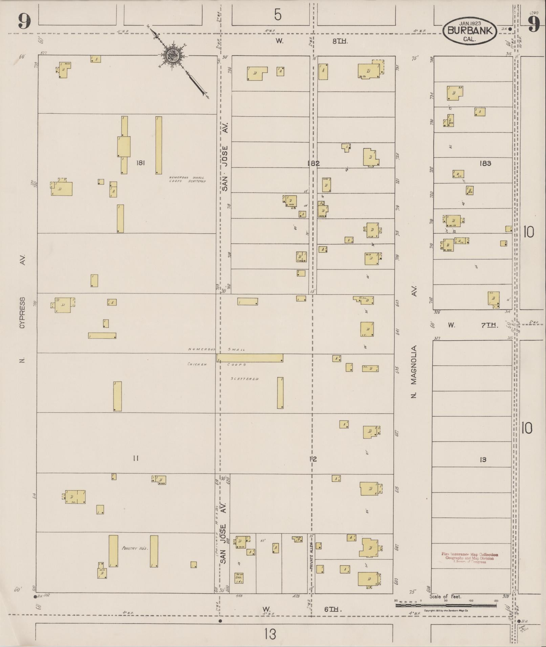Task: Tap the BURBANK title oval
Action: pyautogui.click(x=469, y=30)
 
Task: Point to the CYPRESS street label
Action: pyautogui.click(x=22, y=313)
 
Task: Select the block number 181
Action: pyautogui.click(x=140, y=163)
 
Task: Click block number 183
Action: pyautogui.click(x=485, y=163)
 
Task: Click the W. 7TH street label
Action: pyautogui.click(x=473, y=325)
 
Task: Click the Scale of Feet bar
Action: pyautogui.click(x=446, y=605)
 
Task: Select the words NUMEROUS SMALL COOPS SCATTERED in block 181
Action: pyautogui.click(x=187, y=179)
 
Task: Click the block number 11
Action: pyautogui.click(x=136, y=459)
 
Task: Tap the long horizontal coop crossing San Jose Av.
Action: pyautogui.click(x=250, y=358)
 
